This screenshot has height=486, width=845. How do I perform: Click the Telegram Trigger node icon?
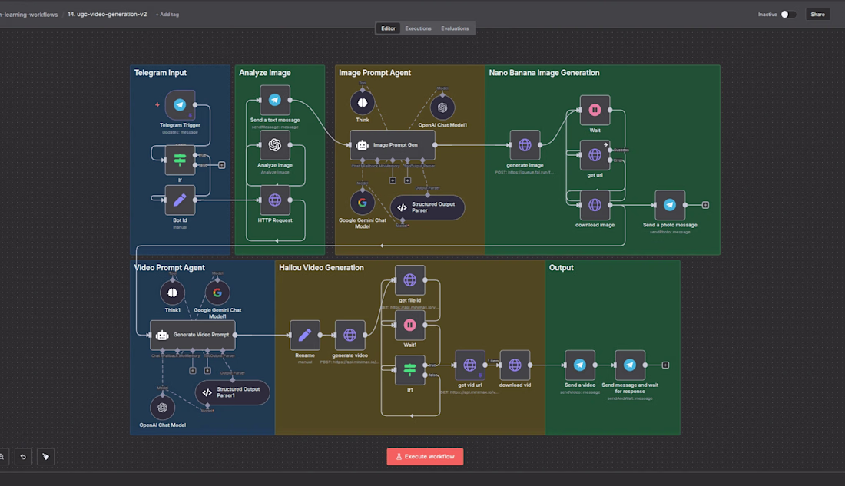coord(180,105)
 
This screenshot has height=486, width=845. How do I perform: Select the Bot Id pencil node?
coord(180,200)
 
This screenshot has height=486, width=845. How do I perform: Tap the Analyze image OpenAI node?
coord(274,145)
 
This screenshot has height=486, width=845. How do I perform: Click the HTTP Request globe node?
coord(274,200)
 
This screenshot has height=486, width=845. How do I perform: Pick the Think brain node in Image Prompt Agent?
coord(363,102)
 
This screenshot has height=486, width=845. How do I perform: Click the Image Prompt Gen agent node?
coord(393,145)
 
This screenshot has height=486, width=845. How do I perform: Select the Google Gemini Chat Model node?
coord(363,203)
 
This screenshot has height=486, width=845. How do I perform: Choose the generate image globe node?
coord(525,145)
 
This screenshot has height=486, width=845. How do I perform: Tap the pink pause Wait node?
coord(595,110)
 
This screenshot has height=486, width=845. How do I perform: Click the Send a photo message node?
coord(670,205)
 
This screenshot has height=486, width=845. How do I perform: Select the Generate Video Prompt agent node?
coord(192,335)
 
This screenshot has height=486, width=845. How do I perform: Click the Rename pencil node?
coord(305,335)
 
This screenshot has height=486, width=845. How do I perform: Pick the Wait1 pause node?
coord(410,325)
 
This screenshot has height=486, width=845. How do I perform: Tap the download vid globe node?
coord(515,365)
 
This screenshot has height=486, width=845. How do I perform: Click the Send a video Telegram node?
coord(580,365)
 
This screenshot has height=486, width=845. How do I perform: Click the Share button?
coord(817,14)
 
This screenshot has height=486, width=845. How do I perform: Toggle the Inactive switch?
coord(787,14)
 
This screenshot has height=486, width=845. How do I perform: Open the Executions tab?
coord(418,28)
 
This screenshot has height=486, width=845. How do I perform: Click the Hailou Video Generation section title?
coord(321,268)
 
